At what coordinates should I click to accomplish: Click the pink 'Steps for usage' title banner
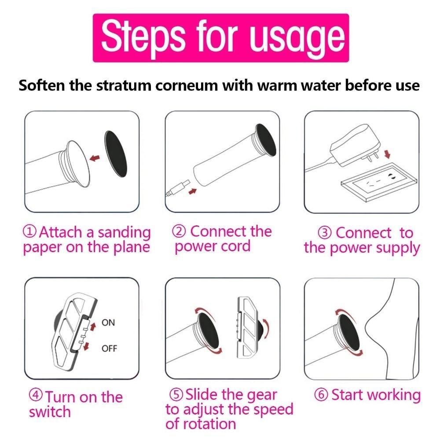point(220,38)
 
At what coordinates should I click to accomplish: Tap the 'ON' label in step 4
point(108,323)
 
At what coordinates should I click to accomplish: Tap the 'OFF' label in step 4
point(109,348)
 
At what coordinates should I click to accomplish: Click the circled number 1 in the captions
point(30,231)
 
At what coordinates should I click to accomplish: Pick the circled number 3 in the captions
point(325,233)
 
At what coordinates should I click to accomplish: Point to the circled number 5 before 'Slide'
point(176,394)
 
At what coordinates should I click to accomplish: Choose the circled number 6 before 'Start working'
point(322,395)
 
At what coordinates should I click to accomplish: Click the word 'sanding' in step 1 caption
point(124,233)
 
